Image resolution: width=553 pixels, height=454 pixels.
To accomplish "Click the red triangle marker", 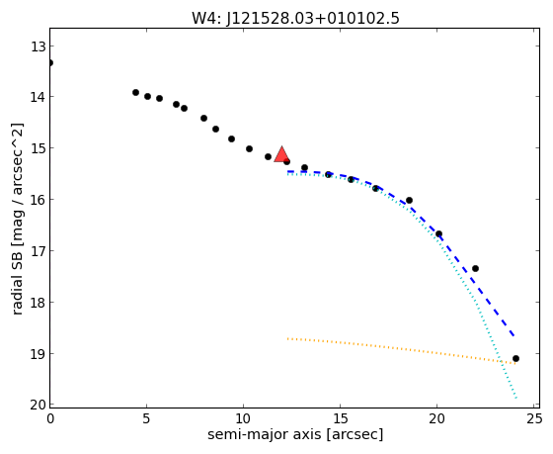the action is (281, 154).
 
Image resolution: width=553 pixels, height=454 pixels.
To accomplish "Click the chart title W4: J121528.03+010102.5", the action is (295, 18).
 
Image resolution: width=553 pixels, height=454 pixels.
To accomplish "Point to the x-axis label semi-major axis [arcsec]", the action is (295, 434).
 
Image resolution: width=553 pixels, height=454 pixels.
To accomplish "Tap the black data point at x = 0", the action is (49, 63).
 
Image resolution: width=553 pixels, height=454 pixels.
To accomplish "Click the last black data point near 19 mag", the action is (515, 359).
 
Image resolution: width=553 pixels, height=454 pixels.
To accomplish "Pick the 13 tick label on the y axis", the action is (38, 46).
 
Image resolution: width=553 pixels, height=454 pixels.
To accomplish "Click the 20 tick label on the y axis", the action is (38, 406).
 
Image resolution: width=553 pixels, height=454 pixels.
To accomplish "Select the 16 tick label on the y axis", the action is (38, 200).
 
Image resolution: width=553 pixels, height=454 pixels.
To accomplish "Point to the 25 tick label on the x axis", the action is (533, 419).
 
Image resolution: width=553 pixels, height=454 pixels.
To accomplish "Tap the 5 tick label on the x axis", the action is (147, 419).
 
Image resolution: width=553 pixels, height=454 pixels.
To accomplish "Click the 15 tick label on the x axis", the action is (340, 419).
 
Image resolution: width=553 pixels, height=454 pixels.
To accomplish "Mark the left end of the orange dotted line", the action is (288, 338).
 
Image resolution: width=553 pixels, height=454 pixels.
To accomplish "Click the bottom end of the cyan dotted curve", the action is (516, 399).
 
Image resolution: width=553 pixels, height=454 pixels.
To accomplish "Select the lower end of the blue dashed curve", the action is (514, 336).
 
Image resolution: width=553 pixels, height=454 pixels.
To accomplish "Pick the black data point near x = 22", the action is (475, 268).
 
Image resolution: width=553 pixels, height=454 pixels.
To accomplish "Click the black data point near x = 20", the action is (438, 233).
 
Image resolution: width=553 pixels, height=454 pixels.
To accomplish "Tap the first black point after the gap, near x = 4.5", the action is (136, 93).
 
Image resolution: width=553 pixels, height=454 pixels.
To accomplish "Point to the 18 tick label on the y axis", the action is (38, 303).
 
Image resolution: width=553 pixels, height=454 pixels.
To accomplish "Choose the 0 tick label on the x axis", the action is (50, 419).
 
